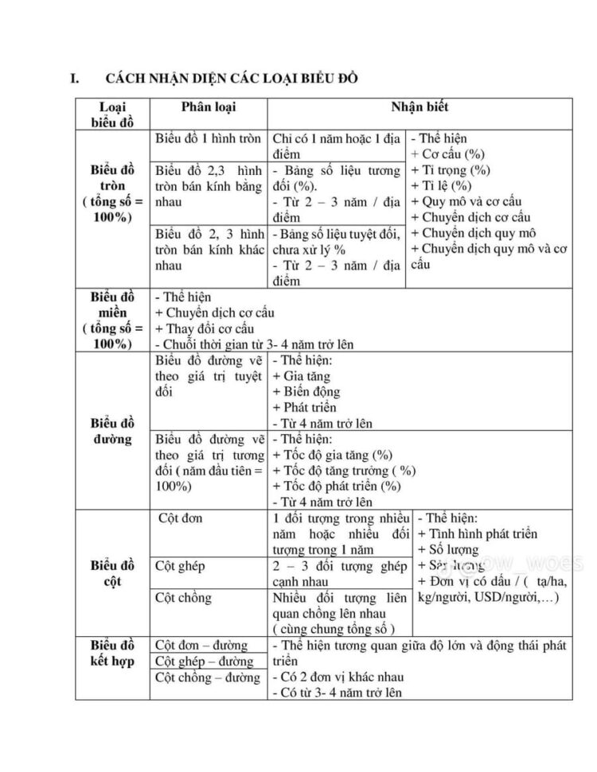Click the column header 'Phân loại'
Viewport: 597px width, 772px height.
click(x=209, y=107)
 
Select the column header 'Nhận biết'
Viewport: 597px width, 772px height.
click(x=419, y=107)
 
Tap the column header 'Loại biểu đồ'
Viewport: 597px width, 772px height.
click(x=113, y=114)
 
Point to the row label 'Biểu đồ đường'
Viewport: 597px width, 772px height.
click(x=113, y=429)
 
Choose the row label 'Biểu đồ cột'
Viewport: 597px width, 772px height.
click(x=113, y=572)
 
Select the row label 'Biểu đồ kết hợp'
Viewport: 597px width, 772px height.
click(x=113, y=653)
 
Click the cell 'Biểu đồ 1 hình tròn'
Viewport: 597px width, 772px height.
click(x=209, y=138)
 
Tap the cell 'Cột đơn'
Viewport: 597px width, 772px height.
click(x=181, y=518)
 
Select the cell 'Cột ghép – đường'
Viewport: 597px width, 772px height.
click(x=205, y=661)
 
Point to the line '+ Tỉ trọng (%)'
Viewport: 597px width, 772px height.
click(x=451, y=170)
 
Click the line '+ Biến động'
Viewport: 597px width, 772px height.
click(x=306, y=391)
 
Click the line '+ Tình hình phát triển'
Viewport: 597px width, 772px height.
click(x=478, y=533)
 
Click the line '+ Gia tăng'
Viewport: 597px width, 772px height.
click(x=302, y=376)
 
